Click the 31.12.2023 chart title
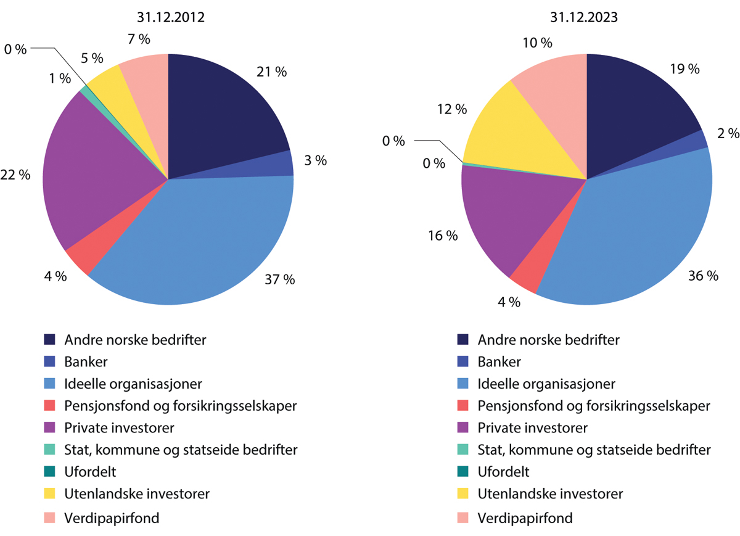coord(586,17)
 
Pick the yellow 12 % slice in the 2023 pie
coord(518,136)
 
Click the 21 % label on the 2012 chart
coord(271,72)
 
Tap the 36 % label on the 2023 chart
coord(703,276)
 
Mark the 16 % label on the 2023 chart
coord(443,236)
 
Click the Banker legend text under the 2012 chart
coord(86,361)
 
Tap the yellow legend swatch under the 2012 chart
coord(49,494)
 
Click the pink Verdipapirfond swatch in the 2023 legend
coord(462,517)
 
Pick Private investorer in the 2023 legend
coord(532,427)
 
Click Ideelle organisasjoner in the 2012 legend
coord(133,384)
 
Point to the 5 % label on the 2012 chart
coord(92,58)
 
